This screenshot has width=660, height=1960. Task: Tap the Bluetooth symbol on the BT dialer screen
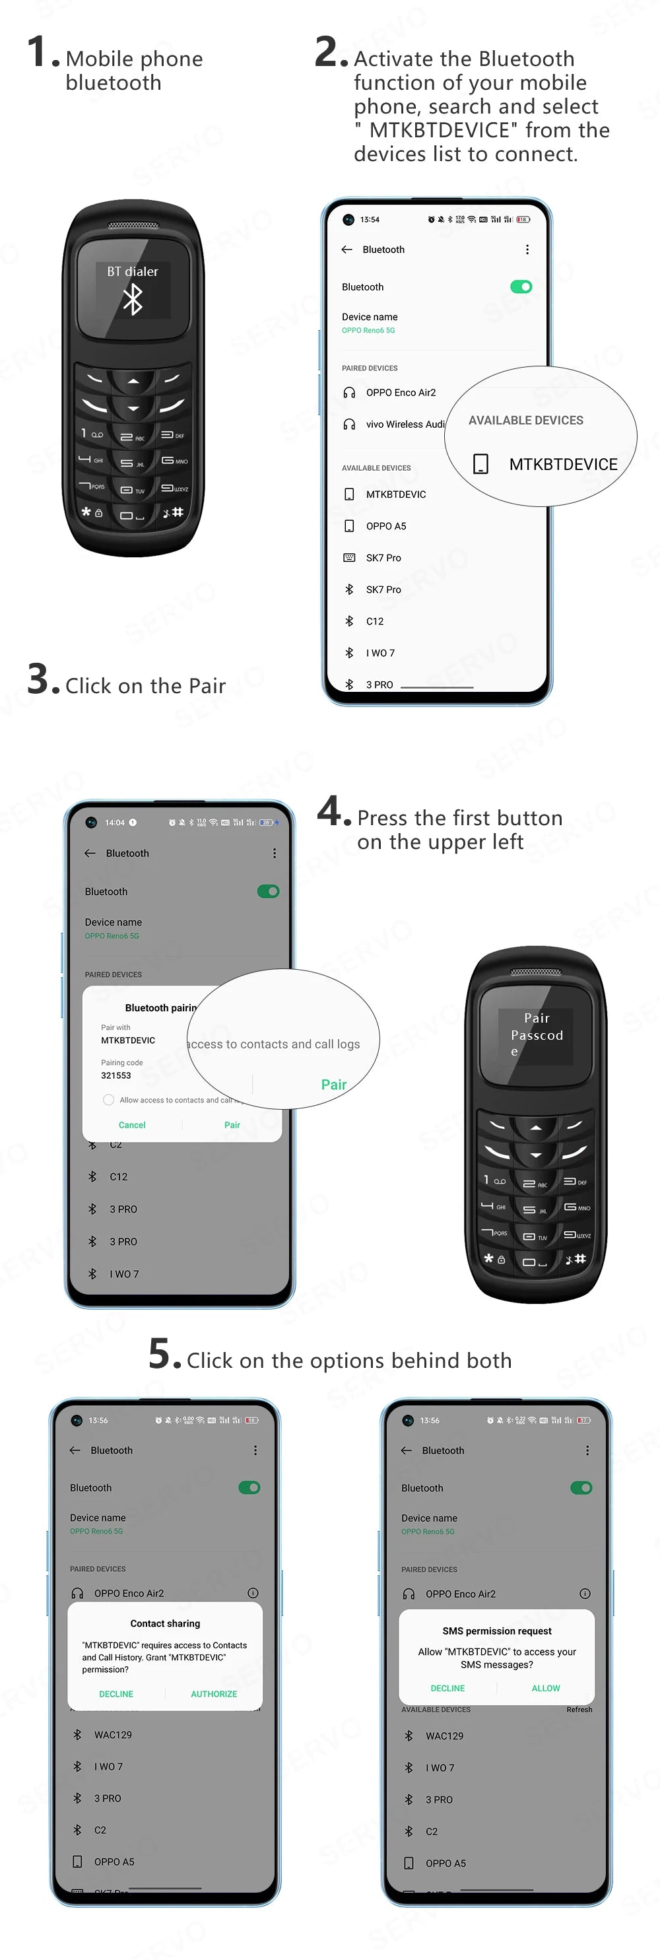coord(133,299)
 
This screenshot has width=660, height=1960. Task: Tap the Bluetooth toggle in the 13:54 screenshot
coord(521,287)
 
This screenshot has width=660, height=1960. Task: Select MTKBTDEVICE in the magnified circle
coord(563,464)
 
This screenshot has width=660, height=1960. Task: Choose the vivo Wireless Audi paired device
coord(405,424)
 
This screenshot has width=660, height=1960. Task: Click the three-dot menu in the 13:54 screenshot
coord(527,250)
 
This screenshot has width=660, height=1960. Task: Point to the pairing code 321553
coord(116,1075)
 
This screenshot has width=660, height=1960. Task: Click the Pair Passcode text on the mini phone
coord(537,1027)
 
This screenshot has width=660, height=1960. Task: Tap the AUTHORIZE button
coord(214,1694)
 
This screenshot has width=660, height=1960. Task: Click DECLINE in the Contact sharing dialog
coord(116,1694)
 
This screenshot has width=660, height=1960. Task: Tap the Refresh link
coord(579,1709)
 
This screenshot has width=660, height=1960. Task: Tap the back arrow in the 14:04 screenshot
coord(90,853)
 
